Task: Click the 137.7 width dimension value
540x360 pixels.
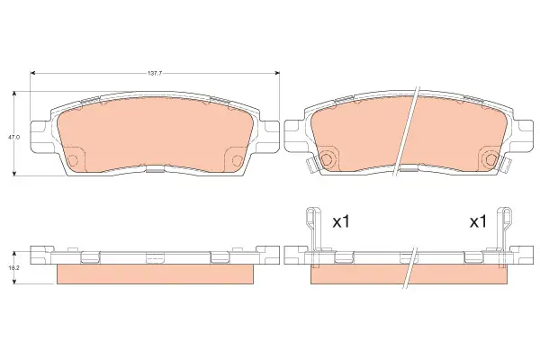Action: (x=155, y=73)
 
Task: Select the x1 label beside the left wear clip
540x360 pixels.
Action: (x=341, y=222)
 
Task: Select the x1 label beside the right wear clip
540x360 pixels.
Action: (x=479, y=222)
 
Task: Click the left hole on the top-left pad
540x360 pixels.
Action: (x=73, y=160)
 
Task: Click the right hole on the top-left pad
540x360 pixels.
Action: (x=238, y=160)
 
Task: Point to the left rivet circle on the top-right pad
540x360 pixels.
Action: (x=326, y=158)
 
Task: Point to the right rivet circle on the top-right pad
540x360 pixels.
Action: (x=491, y=158)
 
